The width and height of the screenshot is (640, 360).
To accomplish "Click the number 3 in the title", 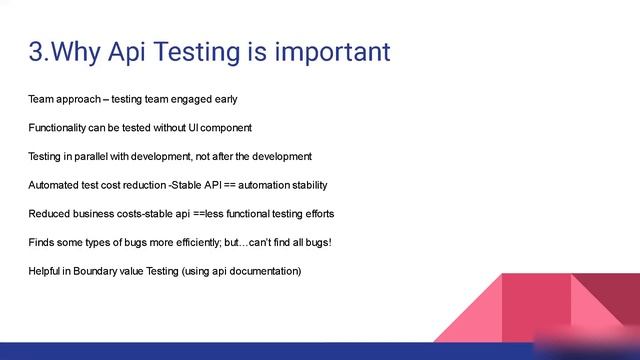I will [37, 52].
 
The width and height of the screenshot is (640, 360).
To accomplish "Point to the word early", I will [224, 99].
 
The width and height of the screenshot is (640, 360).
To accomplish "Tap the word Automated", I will [53, 186].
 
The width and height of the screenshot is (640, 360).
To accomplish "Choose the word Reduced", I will [49, 214].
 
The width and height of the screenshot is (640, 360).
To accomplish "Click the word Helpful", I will [46, 272].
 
